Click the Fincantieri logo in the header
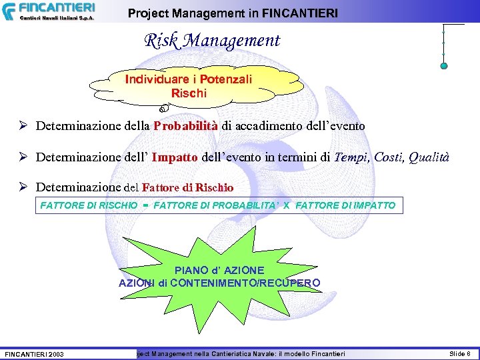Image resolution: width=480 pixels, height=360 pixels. [48, 11]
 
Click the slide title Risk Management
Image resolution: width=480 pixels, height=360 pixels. [212, 41]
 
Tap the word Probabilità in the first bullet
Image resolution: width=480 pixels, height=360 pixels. [186, 125]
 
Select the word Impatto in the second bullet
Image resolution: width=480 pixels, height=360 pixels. [175, 158]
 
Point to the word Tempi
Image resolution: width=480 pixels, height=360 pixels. [351, 158]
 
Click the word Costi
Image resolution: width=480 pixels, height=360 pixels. [388, 158]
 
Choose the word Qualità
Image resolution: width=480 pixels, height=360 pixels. [429, 158]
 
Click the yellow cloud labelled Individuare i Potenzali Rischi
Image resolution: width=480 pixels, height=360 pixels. [189, 87]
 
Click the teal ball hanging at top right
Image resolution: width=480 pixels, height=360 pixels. [444, 65]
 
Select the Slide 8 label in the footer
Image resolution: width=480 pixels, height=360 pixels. [459, 353]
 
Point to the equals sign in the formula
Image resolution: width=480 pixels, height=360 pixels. [145, 205]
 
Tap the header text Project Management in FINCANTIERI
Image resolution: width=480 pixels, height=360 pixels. [233, 13]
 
